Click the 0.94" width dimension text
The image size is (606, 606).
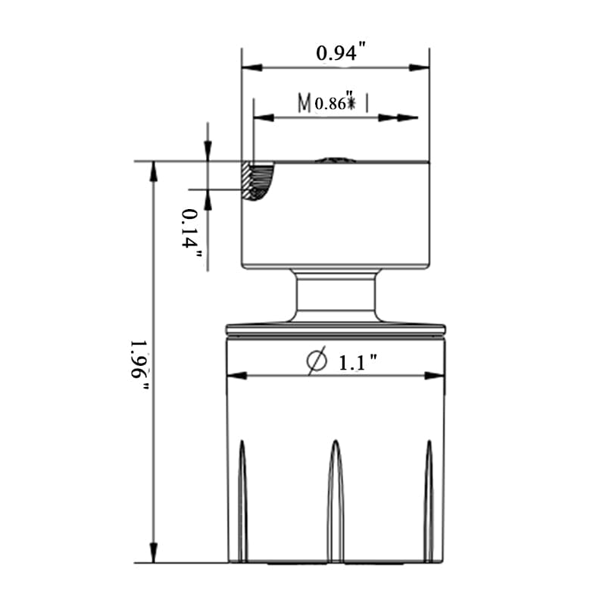click(341, 53)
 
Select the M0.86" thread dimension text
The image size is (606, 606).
click(334, 102)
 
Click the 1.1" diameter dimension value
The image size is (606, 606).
click(358, 363)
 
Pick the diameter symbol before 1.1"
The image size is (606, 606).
click(317, 361)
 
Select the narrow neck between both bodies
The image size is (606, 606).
click(336, 296)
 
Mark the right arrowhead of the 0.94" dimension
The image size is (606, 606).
click(420, 68)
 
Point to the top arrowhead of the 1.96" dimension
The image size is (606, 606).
click(154, 170)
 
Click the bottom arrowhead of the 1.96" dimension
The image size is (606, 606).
click(154, 553)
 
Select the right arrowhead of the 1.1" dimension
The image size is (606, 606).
click(435, 375)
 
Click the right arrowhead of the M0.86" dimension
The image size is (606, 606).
click(408, 117)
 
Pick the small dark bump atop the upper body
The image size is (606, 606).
click(336, 160)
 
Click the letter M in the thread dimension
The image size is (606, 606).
click(305, 102)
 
